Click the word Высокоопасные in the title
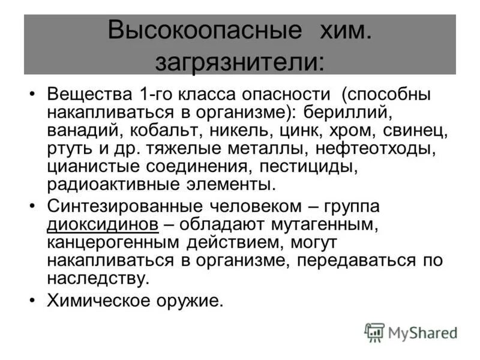pos(203,31)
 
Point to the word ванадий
pos(79,130)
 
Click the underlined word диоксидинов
pos(103,225)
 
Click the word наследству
pos(96,278)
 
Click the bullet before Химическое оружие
pos(32,299)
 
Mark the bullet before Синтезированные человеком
pos(32,206)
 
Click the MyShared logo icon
pos(374,332)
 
